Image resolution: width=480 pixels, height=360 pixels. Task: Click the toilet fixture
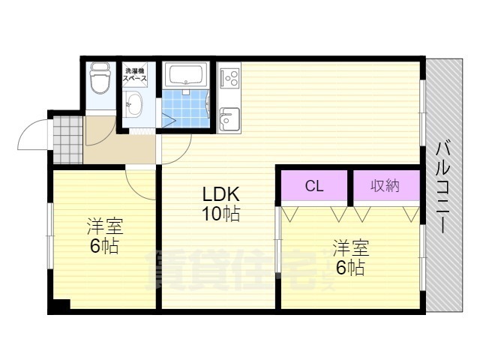[100, 77]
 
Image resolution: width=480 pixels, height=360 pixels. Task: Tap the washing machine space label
[135, 75]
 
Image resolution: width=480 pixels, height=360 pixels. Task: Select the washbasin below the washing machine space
[134, 103]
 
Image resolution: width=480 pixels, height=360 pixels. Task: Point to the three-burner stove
[230, 78]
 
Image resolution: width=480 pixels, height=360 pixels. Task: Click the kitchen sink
[229, 119]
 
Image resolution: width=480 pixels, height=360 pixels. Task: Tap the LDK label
[220, 193]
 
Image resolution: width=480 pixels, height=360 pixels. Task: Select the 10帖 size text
[220, 214]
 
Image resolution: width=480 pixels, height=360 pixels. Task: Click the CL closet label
[314, 185]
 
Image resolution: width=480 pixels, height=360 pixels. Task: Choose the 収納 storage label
[385, 185]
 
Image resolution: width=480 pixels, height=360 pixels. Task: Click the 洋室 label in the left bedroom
[105, 226]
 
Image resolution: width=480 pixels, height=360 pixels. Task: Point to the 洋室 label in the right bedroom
[351, 248]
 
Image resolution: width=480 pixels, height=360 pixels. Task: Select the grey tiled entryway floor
[67, 139]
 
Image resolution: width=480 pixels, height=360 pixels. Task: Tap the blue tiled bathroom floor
[185, 108]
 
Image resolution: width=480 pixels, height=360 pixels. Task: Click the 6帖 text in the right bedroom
[351, 268]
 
